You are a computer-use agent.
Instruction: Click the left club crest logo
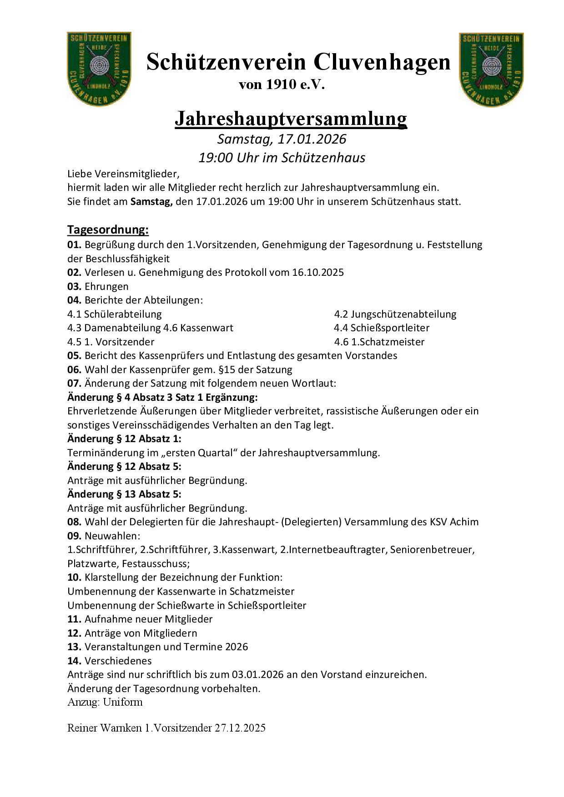tap(99, 69)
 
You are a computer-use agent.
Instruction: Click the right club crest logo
tap(491, 70)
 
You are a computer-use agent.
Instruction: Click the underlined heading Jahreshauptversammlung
tap(291, 119)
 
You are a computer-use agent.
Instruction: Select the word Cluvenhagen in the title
tap(382, 62)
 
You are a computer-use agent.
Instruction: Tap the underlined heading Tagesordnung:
tap(108, 229)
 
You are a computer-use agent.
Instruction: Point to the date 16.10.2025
tap(318, 272)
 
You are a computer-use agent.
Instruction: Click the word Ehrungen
tap(106, 286)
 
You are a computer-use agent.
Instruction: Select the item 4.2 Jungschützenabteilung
tap(395, 314)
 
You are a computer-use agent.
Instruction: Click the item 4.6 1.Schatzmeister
tap(379, 342)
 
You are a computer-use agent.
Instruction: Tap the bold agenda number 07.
tap(74, 383)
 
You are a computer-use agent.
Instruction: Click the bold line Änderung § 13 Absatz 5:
tap(124, 494)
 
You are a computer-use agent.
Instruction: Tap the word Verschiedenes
tap(118, 661)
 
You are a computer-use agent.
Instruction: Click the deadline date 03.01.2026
tap(257, 674)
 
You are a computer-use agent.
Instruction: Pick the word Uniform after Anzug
tap(123, 702)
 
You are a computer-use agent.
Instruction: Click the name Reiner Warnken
tap(105, 728)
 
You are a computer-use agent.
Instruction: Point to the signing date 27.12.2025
tap(240, 728)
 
